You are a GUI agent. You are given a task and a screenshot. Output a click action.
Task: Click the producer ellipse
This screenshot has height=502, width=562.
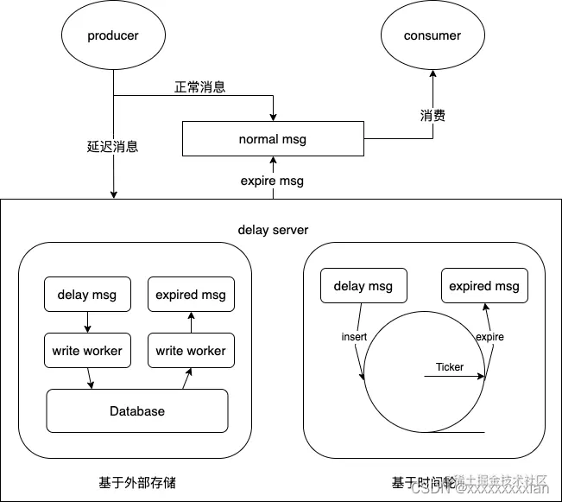coord(113,36)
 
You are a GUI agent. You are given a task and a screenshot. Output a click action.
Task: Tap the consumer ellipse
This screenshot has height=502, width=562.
coord(433,36)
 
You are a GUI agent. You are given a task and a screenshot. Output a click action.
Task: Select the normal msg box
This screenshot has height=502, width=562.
coord(272,139)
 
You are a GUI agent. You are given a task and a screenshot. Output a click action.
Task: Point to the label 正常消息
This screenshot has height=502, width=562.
coord(200,87)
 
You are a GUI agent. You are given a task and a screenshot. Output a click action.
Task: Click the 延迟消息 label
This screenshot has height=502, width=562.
coord(113,146)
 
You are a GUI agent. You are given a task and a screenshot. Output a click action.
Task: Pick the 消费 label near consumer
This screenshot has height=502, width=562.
coord(433,115)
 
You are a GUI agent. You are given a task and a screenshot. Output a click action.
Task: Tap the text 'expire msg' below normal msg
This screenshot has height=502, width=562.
coord(272,181)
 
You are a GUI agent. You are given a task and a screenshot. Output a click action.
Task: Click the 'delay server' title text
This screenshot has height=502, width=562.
coord(273,230)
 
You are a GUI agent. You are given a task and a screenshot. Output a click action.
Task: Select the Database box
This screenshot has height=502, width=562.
coord(137,411)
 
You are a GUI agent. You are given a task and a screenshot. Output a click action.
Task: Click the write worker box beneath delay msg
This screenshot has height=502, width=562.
coord(87,351)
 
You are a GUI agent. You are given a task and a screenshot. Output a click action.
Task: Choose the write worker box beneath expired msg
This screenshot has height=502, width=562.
coord(191,351)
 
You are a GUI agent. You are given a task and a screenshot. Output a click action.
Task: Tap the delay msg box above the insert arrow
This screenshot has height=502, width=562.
coord(363,286)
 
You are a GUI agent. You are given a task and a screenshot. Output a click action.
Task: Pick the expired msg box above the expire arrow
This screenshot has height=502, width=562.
coord(484,286)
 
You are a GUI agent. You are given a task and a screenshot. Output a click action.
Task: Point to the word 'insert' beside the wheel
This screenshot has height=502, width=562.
coord(355,336)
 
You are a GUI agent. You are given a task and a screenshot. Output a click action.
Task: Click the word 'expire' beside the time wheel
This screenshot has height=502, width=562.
coord(489,336)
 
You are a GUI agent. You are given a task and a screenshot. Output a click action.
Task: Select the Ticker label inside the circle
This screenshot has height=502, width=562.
coord(450,367)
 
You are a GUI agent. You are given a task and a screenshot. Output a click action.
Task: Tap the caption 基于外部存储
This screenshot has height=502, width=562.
coord(137,482)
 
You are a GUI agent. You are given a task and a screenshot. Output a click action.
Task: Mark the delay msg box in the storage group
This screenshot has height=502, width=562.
coord(87,295)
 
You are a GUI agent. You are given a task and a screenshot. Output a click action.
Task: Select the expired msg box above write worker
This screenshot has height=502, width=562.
coord(191,295)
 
